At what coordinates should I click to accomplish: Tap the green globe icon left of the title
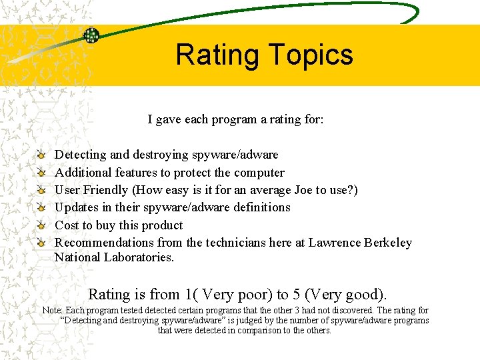pos(91,35)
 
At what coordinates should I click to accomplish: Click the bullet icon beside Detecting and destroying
pos(42,155)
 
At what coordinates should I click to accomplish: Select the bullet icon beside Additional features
pos(42,173)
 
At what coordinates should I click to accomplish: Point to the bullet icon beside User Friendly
pos(42,190)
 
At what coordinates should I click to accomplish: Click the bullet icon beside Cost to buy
pos(42,225)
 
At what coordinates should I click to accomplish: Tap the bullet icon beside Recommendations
pos(42,243)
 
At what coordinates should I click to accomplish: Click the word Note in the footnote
pos(53,311)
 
